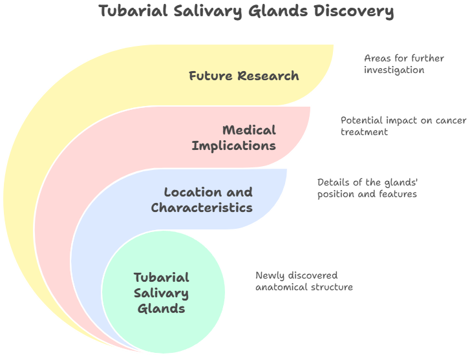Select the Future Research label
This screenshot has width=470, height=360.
click(x=244, y=76)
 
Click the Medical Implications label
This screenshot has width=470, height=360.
click(x=233, y=138)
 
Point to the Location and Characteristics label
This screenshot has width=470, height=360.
click(x=202, y=200)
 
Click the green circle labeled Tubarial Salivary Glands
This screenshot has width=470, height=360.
click(x=163, y=293)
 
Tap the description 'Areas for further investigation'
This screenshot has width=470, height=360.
click(x=404, y=63)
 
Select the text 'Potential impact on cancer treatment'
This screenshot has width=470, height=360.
click(x=403, y=125)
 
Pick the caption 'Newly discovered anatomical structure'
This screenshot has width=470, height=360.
click(x=304, y=281)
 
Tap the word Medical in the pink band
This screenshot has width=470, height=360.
click(x=249, y=130)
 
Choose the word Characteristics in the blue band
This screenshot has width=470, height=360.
click(x=202, y=207)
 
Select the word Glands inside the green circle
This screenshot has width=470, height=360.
click(x=162, y=308)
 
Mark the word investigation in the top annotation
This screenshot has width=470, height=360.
click(x=394, y=69)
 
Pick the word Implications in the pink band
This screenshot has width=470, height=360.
click(x=233, y=145)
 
